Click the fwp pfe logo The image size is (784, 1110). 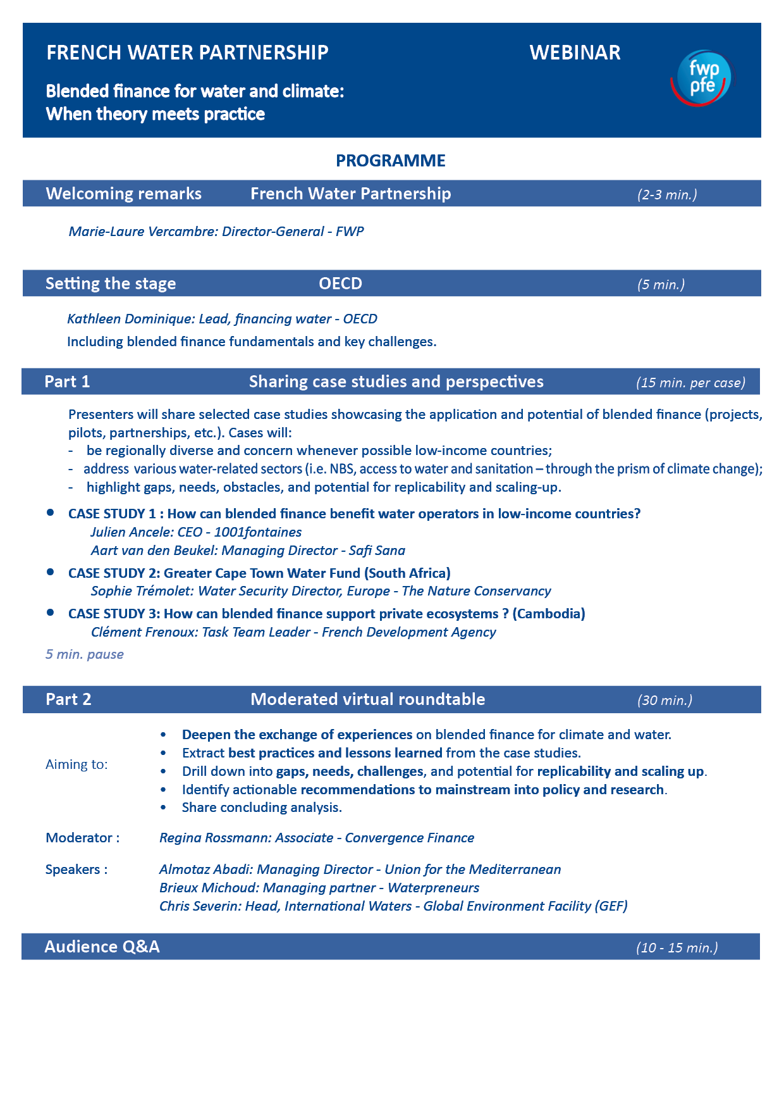click(x=701, y=77)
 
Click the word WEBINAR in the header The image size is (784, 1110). click(x=575, y=53)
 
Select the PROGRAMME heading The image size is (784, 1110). click(x=390, y=161)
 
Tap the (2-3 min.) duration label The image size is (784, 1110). click(x=667, y=194)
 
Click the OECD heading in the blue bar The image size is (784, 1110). click(x=340, y=284)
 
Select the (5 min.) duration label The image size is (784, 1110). click(x=661, y=285)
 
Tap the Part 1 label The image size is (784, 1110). click(x=67, y=382)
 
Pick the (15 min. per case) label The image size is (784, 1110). click(x=690, y=383)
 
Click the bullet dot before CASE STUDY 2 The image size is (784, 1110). click(x=51, y=572)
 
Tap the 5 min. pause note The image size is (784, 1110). click(x=84, y=654)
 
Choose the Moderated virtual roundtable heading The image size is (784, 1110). click(x=367, y=699)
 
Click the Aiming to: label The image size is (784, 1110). click(x=77, y=764)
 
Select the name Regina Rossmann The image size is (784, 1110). click(x=215, y=838)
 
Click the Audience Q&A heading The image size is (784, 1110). click(x=102, y=947)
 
